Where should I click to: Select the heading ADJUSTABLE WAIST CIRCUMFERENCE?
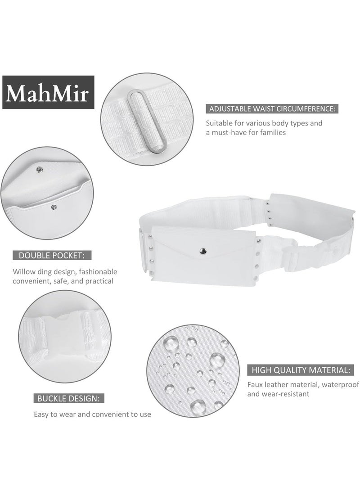point(271,109)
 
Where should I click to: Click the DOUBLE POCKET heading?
point(52,256)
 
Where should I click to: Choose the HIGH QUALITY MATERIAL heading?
point(299,370)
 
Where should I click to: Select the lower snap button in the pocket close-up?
point(54,207)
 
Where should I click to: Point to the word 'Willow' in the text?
point(23,272)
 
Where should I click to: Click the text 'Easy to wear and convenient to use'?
point(93,414)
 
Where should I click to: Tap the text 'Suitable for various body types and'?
point(264,123)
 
